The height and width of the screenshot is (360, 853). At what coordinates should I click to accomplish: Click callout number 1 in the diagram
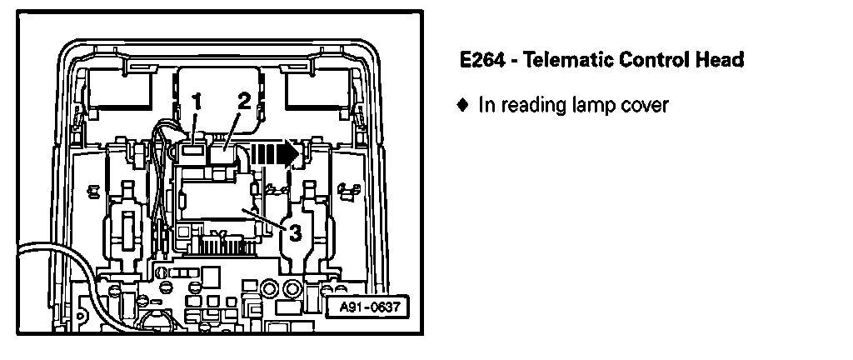tap(197, 101)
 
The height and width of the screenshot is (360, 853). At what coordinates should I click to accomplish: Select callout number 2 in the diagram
tap(243, 101)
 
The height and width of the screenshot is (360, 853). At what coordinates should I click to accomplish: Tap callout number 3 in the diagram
tap(294, 232)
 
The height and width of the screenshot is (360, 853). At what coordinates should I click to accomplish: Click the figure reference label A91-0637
tap(369, 307)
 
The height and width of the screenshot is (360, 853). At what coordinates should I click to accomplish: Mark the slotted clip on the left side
tap(127, 225)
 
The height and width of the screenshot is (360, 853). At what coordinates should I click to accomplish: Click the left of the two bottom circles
tap(270, 288)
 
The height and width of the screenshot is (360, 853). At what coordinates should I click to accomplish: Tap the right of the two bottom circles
tap(292, 288)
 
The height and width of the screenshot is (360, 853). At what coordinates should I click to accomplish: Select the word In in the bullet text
tap(486, 106)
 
